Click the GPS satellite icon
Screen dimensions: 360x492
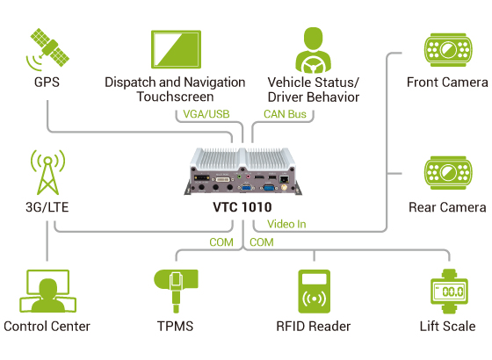47,49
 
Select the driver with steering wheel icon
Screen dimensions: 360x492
313,50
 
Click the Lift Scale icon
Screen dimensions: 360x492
449,292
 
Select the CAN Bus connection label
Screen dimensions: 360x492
286,113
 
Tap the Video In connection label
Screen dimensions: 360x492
286,224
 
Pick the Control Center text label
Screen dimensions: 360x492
47,327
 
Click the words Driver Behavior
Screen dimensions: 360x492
314,97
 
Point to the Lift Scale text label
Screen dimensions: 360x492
448,327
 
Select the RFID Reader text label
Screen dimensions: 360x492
313,327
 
